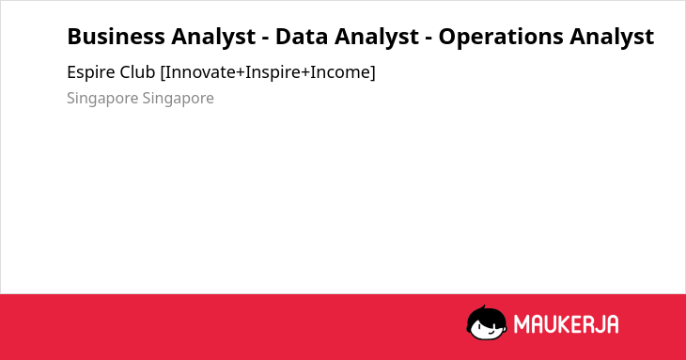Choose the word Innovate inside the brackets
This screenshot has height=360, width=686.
tap(200, 72)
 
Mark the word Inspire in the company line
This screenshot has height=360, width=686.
tap(273, 73)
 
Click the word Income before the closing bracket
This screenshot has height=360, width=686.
tap(340, 72)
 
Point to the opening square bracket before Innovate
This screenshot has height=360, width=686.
tap(163, 72)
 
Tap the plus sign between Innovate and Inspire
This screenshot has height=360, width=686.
tap(241, 73)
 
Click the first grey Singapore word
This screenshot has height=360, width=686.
tap(102, 99)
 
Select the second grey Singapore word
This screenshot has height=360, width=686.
tap(178, 99)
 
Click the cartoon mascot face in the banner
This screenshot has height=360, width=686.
tap(487, 323)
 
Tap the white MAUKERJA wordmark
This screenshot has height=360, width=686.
tap(566, 324)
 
